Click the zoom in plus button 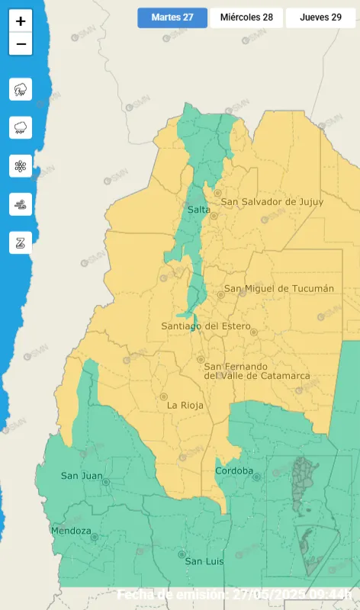click(21, 21)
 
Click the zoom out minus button click(21, 44)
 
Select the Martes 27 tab click(172, 18)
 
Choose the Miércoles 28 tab click(246, 18)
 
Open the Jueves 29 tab click(320, 18)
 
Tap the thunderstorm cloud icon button click(21, 89)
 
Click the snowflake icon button click(21, 165)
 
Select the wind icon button click(21, 204)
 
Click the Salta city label click(198, 209)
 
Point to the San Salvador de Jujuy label click(272, 201)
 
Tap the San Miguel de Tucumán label click(278, 288)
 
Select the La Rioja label click(185, 406)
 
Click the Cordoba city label click(234, 470)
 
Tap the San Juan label click(82, 476)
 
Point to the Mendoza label click(71, 530)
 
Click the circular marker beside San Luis click(182, 554)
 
